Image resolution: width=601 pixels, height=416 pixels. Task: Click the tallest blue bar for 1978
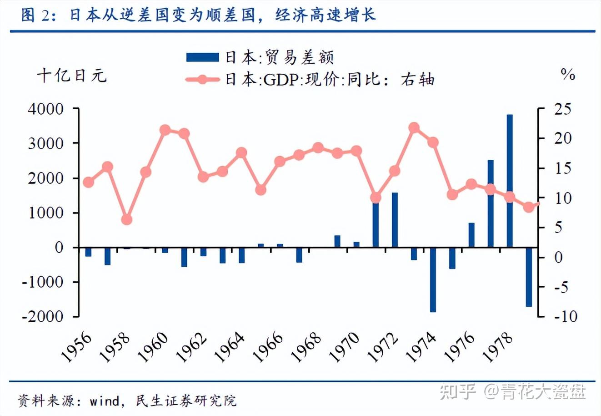[510, 181]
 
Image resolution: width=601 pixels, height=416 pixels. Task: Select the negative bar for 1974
[433, 279]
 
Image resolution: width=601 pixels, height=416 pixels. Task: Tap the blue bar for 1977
[491, 203]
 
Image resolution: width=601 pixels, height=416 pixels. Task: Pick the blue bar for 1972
[395, 220]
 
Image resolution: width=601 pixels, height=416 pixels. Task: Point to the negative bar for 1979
[529, 277]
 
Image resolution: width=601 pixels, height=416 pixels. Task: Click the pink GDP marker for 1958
[127, 220]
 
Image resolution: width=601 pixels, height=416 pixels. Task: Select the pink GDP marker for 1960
[165, 131]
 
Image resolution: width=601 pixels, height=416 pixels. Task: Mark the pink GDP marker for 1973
[414, 128]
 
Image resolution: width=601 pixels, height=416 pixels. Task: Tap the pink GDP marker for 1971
[376, 198]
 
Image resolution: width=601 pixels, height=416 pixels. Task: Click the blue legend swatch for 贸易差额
[202, 57]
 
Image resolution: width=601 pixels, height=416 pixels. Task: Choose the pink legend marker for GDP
[202, 80]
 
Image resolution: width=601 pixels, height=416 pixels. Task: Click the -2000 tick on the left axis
[43, 317]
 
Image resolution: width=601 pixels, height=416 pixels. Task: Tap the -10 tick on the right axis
[565, 316]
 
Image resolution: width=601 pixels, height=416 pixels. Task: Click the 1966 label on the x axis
[269, 347]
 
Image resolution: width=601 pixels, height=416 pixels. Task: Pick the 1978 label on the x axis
[498, 347]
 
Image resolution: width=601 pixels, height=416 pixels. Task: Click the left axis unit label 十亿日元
[72, 76]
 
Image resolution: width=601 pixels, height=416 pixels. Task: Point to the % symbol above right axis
[568, 74]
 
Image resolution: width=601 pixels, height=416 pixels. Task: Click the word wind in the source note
[104, 401]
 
